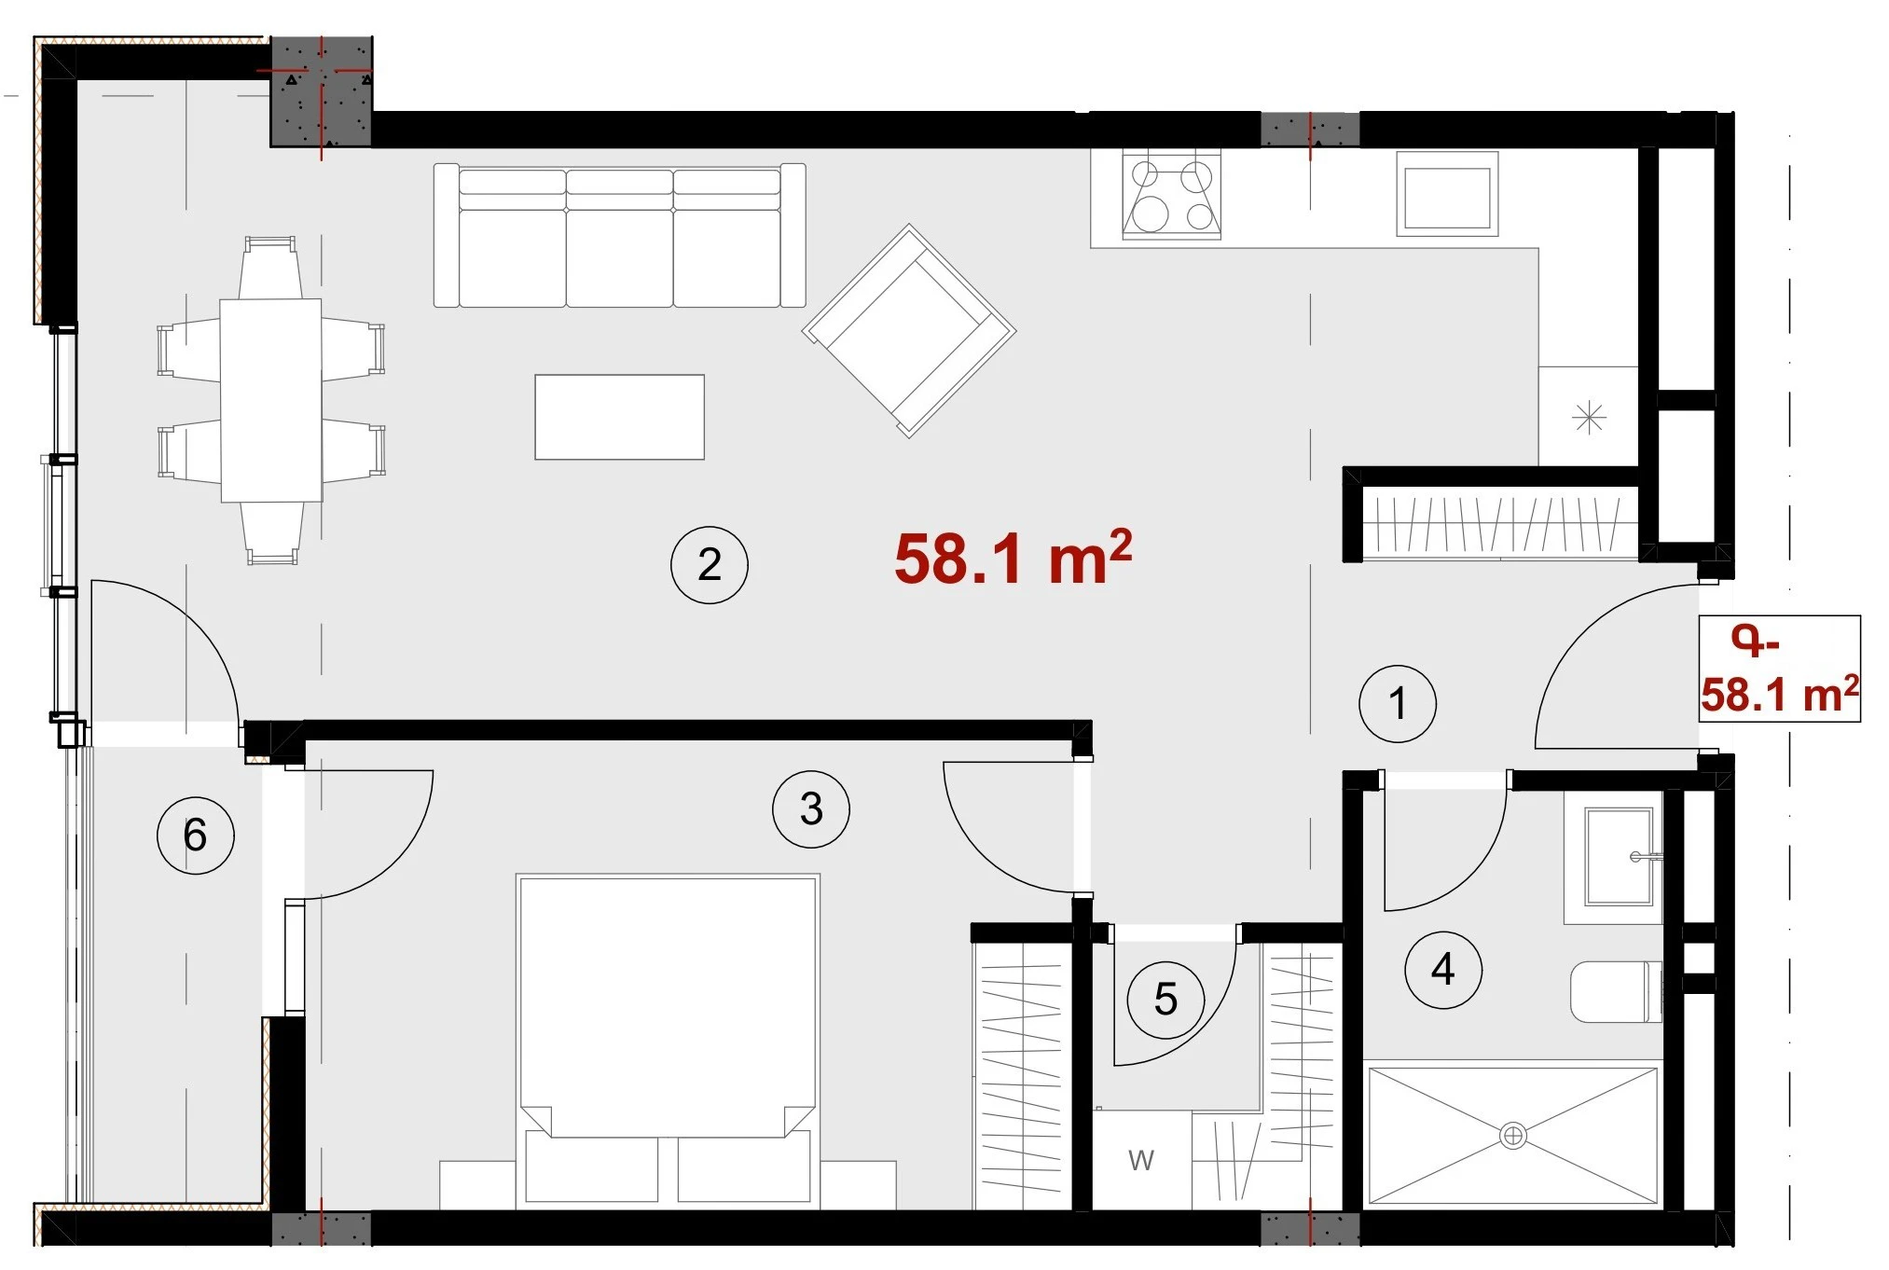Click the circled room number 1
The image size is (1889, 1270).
point(1397,704)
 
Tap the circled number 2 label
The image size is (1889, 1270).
point(710,565)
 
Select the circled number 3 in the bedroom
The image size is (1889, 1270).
point(811,809)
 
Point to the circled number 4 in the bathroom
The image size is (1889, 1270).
point(1443,970)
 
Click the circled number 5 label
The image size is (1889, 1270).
point(1165,1000)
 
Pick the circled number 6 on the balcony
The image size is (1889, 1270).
point(196,835)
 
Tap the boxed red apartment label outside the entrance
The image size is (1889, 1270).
point(1779,669)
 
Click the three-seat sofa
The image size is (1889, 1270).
point(619,235)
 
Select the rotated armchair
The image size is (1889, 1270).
point(909,330)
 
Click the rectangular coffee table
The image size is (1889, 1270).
point(619,417)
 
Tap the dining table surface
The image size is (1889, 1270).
point(271,400)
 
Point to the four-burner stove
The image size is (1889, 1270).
point(1172,196)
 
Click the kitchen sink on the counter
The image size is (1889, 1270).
point(1447,194)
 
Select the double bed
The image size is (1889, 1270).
point(668,1040)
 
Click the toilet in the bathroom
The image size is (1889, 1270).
point(1617,992)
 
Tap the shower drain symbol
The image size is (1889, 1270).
point(1512,1136)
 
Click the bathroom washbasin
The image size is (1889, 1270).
point(1620,857)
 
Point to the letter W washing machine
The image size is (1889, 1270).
point(1141,1160)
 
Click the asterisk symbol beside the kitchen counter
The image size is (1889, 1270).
point(1589,417)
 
